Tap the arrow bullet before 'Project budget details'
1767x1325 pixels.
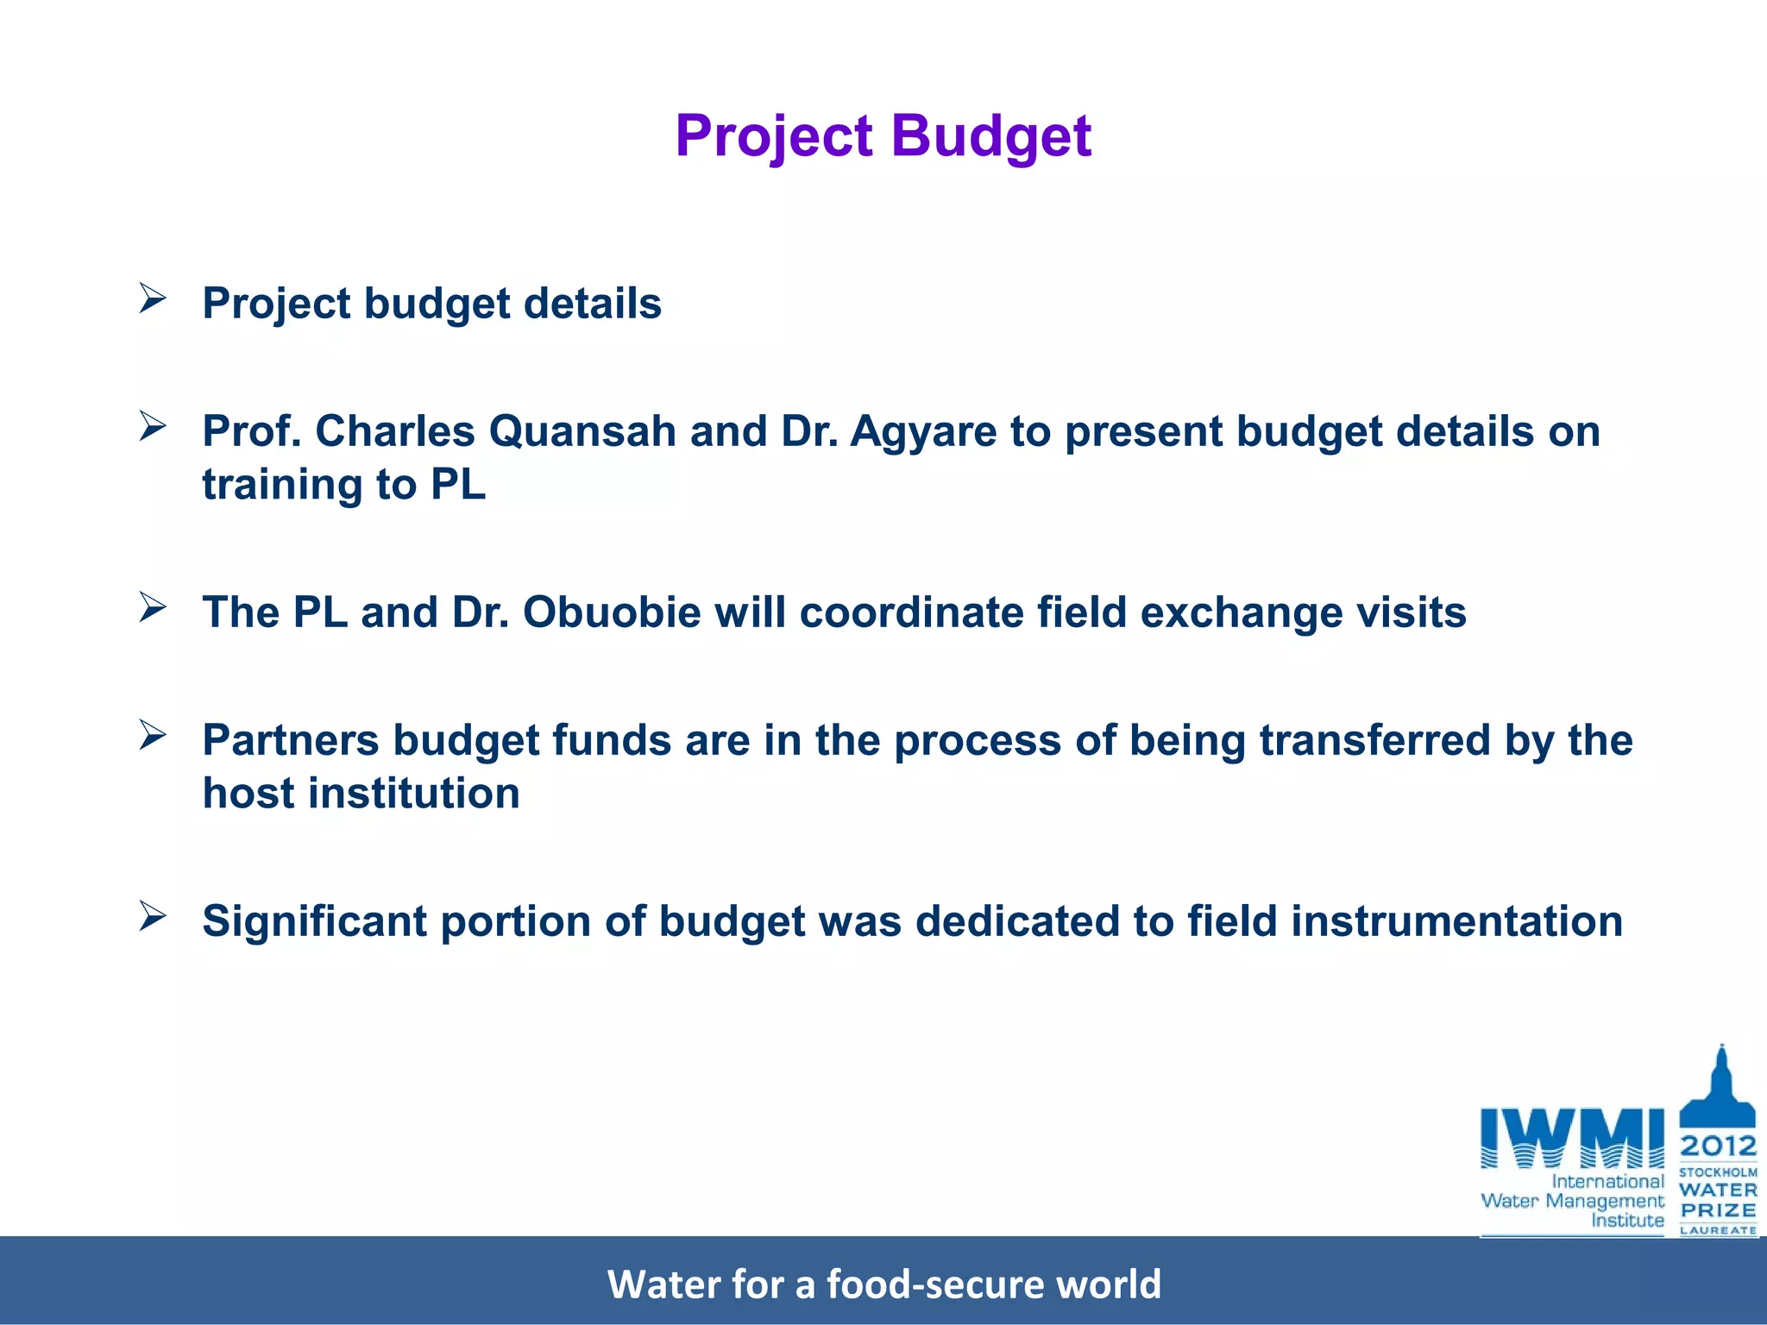pyautogui.click(x=153, y=298)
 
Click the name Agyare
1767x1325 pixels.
pyautogui.click(x=923, y=430)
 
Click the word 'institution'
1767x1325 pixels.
pyautogui.click(x=414, y=793)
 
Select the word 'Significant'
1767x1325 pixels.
pyautogui.click(x=315, y=920)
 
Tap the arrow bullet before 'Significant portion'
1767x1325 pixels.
pyautogui.click(x=153, y=916)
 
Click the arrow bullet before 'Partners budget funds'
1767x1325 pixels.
pyautogui.click(x=153, y=735)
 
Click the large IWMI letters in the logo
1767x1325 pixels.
pyautogui.click(x=1572, y=1138)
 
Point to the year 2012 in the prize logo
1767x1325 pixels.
pyautogui.click(x=1718, y=1146)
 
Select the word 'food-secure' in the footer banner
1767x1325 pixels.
pyautogui.click(x=935, y=1284)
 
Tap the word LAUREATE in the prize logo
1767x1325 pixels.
pyautogui.click(x=1718, y=1230)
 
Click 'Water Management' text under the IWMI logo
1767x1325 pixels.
pyautogui.click(x=1572, y=1201)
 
